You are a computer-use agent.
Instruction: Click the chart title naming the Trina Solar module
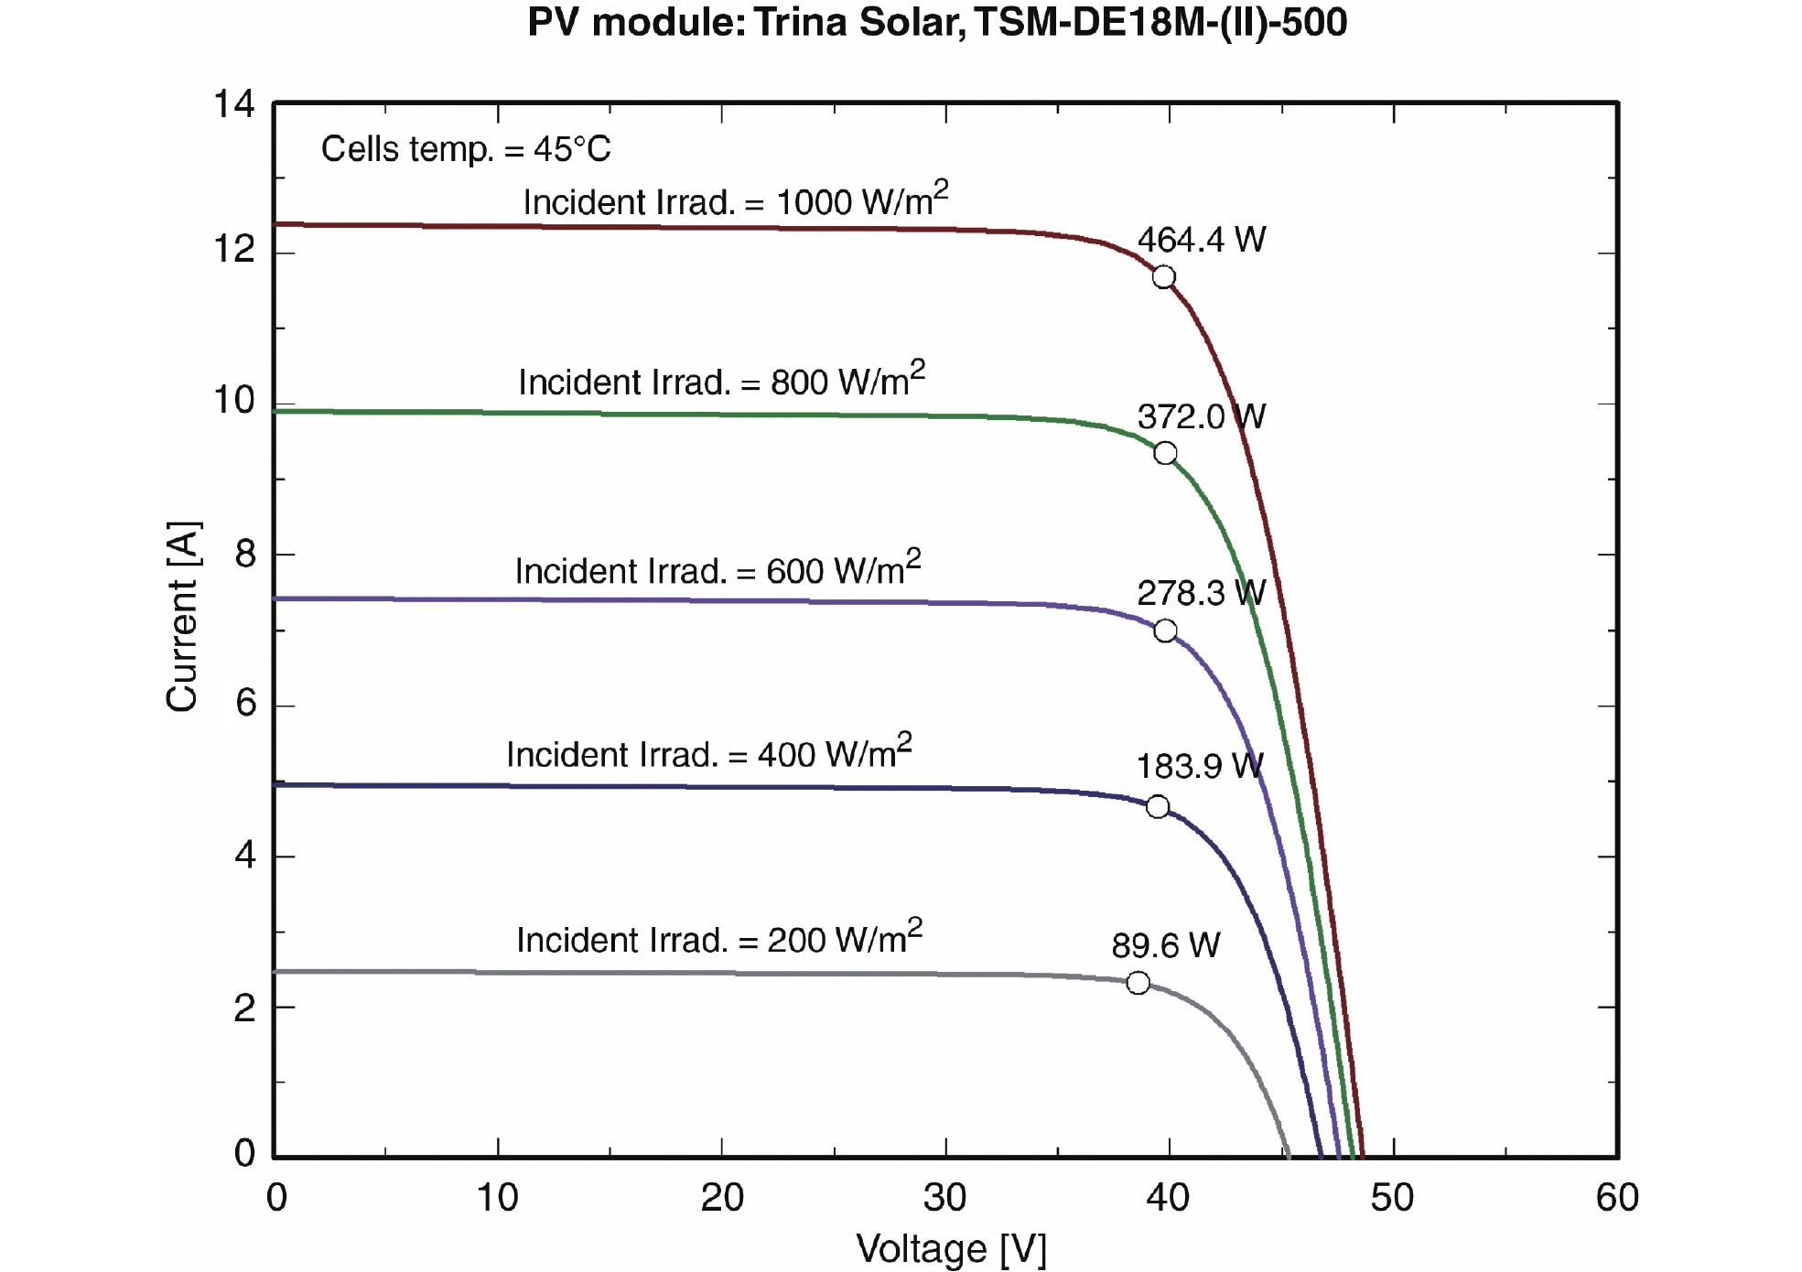[x=937, y=23]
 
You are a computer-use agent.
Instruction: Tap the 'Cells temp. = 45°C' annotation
[x=466, y=149]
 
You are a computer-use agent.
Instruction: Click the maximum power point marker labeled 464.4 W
[x=1163, y=277]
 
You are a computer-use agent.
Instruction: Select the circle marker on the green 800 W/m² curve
[x=1165, y=453]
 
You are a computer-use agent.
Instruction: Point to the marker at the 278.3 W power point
[x=1165, y=631]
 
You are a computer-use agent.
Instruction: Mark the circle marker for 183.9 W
[x=1158, y=806]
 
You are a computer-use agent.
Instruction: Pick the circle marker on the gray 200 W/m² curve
[x=1138, y=983]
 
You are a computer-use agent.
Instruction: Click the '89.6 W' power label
[x=1165, y=945]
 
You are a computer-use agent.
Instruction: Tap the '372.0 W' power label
[x=1201, y=417]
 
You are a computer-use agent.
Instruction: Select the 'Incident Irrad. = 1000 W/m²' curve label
[x=735, y=200]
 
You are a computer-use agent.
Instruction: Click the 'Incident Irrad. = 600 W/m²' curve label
[x=718, y=569]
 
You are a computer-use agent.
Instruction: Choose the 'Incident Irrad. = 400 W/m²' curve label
[x=709, y=753]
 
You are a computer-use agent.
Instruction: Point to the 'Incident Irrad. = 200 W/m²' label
[x=719, y=939]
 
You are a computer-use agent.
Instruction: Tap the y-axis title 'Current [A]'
[x=182, y=617]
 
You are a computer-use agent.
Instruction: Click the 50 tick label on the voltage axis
[x=1392, y=1198]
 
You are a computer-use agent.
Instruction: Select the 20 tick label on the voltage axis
[x=722, y=1198]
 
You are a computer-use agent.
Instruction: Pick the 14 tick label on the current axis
[x=233, y=104]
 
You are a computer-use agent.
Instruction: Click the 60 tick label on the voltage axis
[x=1616, y=1198]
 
